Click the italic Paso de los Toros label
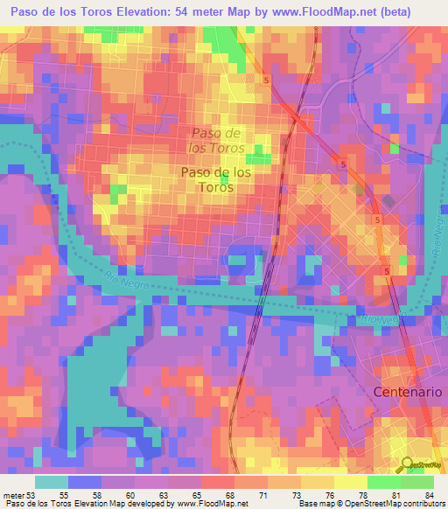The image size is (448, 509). click(x=215, y=140)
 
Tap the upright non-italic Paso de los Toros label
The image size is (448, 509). click(x=215, y=179)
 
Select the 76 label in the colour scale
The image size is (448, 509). click(x=327, y=495)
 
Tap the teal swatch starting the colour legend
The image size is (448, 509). click(x=52, y=482)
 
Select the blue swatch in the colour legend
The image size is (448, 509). click(x=83, y=482)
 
